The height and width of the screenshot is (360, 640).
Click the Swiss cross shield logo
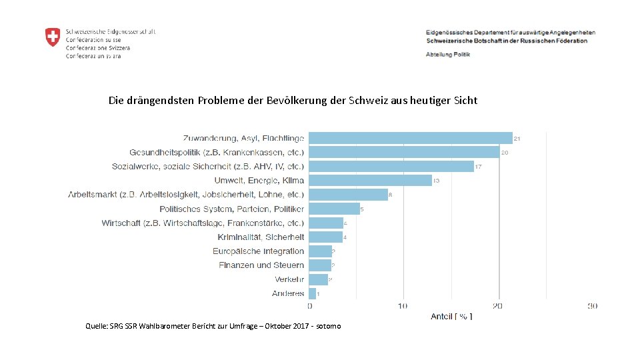pyautogui.click(x=52, y=37)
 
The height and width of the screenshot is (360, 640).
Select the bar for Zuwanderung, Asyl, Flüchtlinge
pyautogui.click(x=410, y=138)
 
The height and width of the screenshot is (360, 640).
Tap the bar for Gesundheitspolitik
pyautogui.click(x=403, y=152)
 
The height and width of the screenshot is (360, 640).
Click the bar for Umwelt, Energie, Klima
pyautogui.click(x=370, y=180)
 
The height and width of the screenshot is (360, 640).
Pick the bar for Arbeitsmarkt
pyautogui.click(x=348, y=195)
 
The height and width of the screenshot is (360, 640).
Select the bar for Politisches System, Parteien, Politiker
pyautogui.click(x=334, y=209)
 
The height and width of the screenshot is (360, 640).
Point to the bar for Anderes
pyautogui.click(x=312, y=293)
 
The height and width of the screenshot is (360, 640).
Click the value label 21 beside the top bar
pyautogui.click(x=517, y=139)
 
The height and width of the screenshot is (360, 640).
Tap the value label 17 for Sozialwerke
pyautogui.click(x=479, y=167)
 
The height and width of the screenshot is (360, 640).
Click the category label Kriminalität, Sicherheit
pyautogui.click(x=261, y=237)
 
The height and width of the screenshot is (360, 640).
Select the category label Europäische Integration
pyautogui.click(x=258, y=251)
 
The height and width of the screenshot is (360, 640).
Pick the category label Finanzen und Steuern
pyautogui.click(x=261, y=265)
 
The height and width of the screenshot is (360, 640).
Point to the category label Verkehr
pyautogui.click(x=289, y=279)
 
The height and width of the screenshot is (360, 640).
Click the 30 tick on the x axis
pyautogui.click(x=592, y=306)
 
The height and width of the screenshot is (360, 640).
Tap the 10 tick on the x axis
pyautogui.click(x=403, y=306)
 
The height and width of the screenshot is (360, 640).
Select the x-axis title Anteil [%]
pyautogui.click(x=451, y=316)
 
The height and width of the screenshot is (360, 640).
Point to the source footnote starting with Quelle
pyautogui.click(x=213, y=326)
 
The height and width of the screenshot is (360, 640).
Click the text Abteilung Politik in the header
pyautogui.click(x=447, y=54)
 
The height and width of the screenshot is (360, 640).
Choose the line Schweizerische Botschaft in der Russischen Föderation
pyautogui.click(x=507, y=41)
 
